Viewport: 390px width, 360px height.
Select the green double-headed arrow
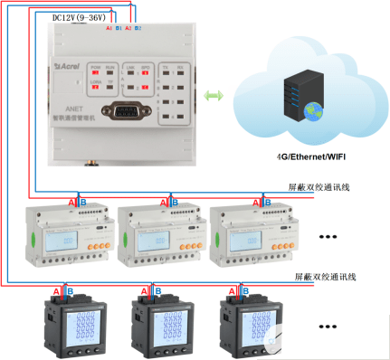coord(214,95)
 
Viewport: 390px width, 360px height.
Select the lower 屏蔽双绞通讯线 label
coord(320,275)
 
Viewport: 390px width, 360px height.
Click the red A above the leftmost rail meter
coord(72,202)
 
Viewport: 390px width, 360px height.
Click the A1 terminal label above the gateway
coord(109,29)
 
